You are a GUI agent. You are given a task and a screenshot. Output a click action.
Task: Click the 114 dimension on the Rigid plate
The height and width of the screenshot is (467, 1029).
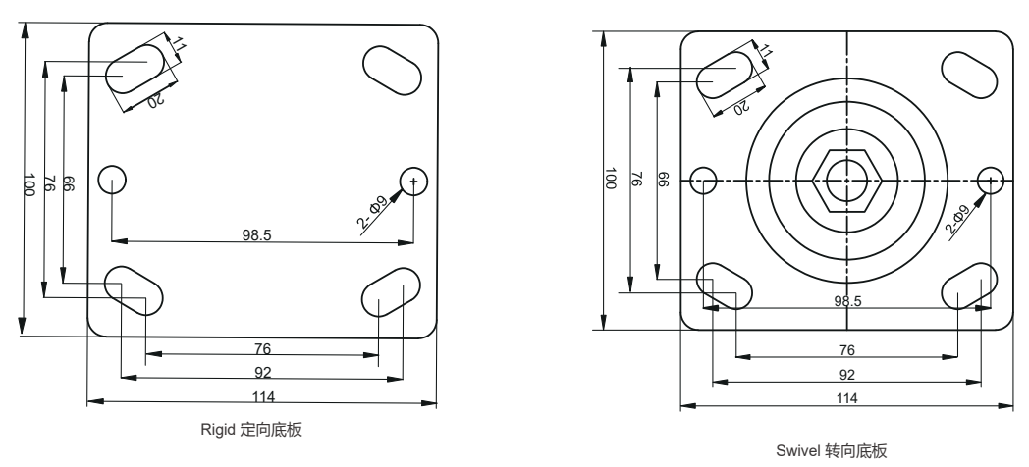click(261, 395)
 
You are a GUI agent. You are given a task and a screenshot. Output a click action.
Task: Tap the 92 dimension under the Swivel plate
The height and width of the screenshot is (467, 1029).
click(846, 374)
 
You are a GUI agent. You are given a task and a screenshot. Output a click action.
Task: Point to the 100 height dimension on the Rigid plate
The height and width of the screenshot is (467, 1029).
click(30, 182)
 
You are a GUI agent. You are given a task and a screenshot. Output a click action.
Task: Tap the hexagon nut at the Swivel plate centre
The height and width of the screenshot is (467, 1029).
click(846, 180)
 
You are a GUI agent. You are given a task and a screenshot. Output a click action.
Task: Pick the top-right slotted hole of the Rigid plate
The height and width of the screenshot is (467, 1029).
click(392, 66)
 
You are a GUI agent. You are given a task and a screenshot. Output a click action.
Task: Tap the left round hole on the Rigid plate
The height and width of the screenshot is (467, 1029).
click(112, 180)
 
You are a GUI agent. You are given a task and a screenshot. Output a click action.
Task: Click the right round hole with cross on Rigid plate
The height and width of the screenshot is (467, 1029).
click(415, 180)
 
